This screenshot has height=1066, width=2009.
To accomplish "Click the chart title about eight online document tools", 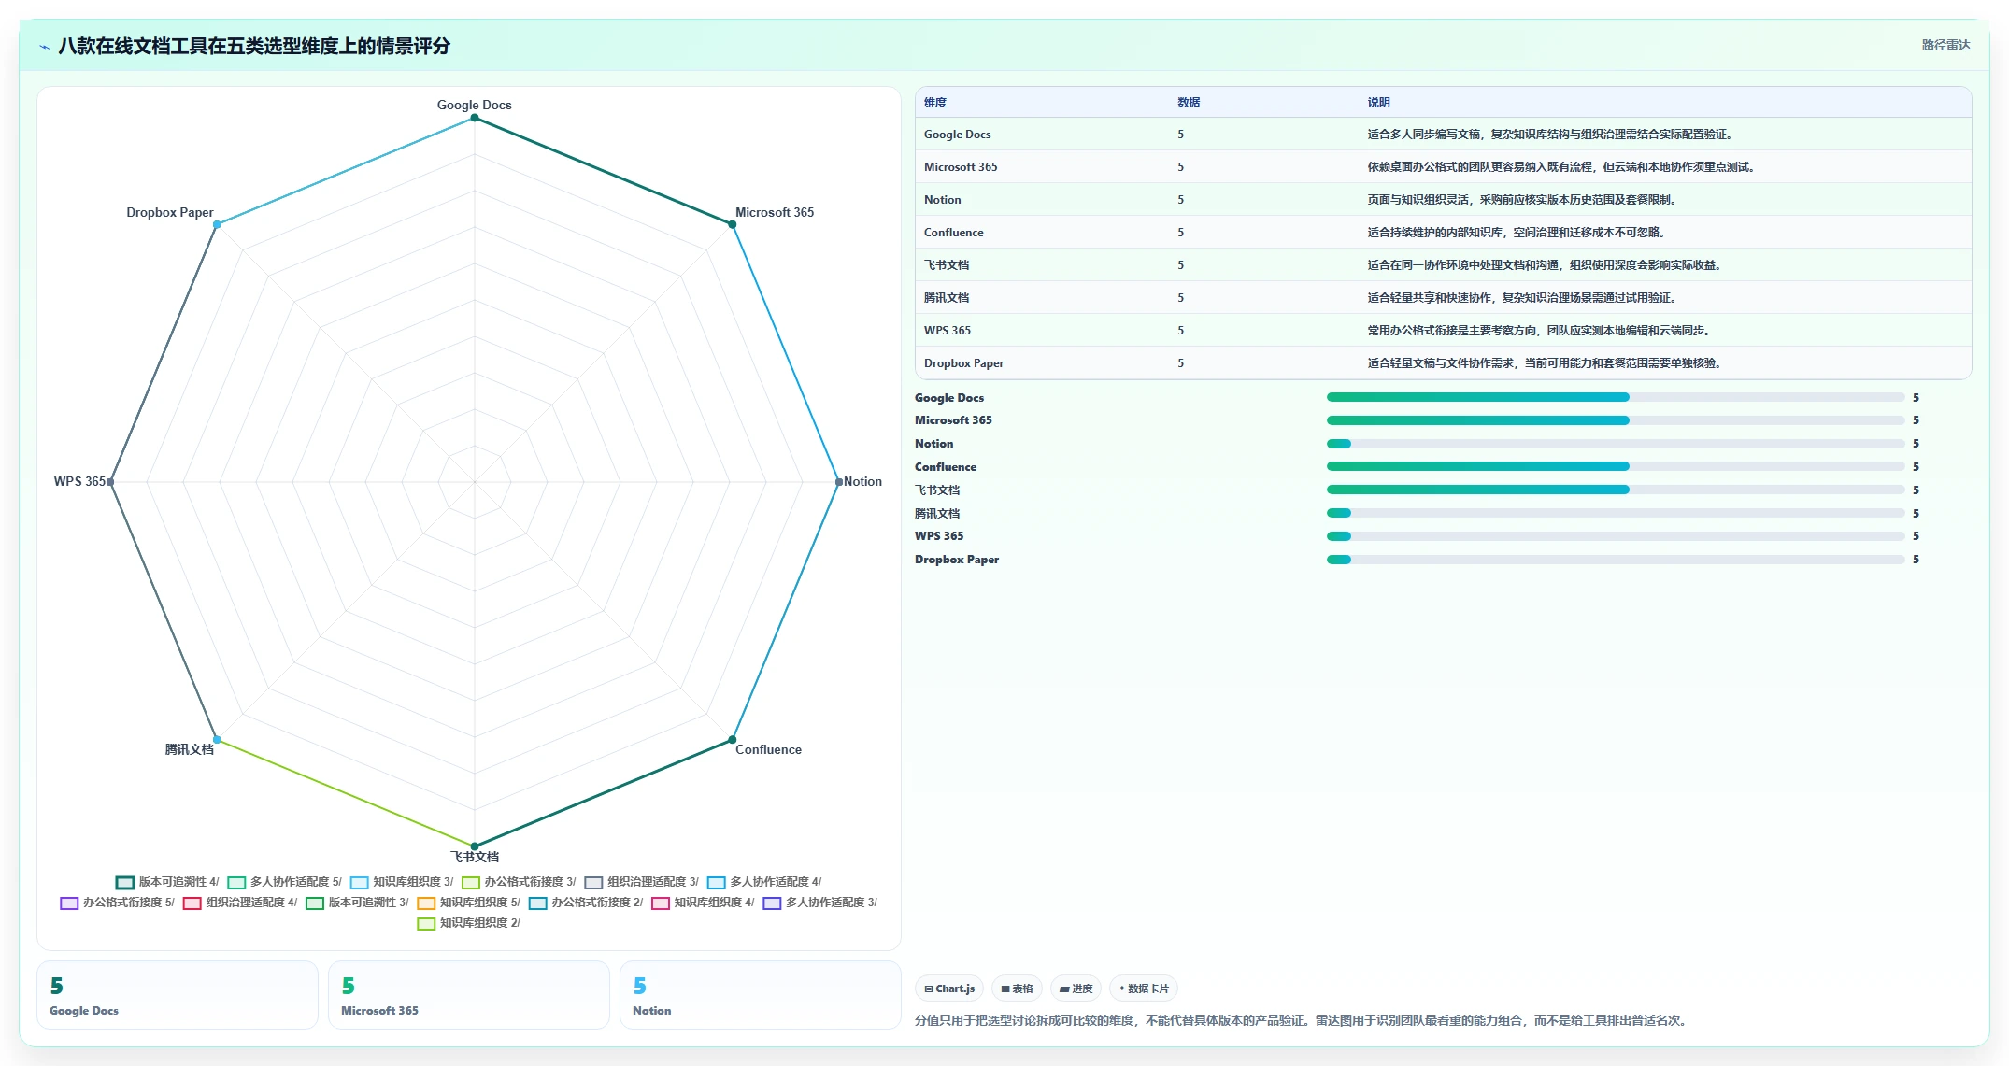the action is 254,46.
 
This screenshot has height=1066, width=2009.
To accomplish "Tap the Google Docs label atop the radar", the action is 475,105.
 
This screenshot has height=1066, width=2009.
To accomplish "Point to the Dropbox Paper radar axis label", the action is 170,212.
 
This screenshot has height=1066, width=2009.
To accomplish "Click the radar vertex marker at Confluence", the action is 733,740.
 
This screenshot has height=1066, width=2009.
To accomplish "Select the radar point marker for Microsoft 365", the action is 733,224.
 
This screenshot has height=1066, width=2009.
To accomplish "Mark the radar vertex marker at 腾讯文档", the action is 217,740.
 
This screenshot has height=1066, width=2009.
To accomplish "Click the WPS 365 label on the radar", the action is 79,481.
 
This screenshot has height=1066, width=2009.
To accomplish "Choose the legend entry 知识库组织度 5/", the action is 468,903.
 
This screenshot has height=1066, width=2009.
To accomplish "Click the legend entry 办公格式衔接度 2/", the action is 586,903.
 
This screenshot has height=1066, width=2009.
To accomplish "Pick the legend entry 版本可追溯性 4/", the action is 167,882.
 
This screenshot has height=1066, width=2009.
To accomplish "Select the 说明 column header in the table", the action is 1379,103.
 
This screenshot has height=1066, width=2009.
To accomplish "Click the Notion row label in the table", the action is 943,200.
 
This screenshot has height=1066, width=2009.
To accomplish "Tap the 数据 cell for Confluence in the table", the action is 1181,233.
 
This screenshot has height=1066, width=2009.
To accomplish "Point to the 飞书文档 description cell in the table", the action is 1545,265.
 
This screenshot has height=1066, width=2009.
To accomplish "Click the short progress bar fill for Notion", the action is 1339,444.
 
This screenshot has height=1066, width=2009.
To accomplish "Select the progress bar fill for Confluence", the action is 1478,466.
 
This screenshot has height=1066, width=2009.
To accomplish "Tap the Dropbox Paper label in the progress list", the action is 957,560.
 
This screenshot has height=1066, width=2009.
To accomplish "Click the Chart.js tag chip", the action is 949,988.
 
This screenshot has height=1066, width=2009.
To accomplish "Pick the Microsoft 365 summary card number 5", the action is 349,986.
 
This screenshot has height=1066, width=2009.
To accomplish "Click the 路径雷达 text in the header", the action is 1945,45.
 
